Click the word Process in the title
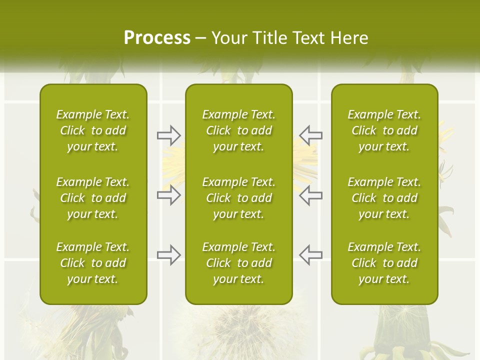[157, 37]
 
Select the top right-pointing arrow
[168, 135]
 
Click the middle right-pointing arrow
[168, 195]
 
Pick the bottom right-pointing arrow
[168, 255]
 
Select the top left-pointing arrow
[311, 135]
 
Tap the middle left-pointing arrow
[311, 195]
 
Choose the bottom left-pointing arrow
[311, 255]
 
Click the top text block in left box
[93, 130]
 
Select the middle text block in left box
[93, 198]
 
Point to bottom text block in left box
[93, 263]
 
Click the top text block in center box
[238, 130]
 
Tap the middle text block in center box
[238, 198]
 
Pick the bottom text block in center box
[238, 263]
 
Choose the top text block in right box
[384, 130]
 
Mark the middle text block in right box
[384, 198]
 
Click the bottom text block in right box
[384, 263]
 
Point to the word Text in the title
[309, 37]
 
